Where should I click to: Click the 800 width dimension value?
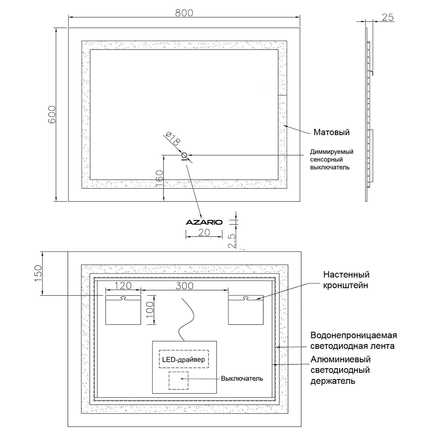pyautogui.click(x=184, y=13)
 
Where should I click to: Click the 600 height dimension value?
pyautogui.click(x=52, y=114)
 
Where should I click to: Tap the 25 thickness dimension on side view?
pyautogui.click(x=387, y=18)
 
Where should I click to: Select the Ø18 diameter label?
pyautogui.click(x=172, y=138)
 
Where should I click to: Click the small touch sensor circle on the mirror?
pyautogui.click(x=184, y=155)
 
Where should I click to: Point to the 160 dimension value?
pyautogui.click(x=159, y=179)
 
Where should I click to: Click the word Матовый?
pyautogui.click(x=331, y=132)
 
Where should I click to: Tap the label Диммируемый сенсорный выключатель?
pyautogui.click(x=331, y=160)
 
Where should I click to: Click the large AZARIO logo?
pyautogui.click(x=204, y=222)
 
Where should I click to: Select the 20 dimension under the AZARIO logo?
pyautogui.click(x=204, y=232)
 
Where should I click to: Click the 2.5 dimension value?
pyautogui.click(x=232, y=241)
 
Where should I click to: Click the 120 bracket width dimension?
pyautogui.click(x=123, y=285)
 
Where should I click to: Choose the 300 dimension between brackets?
pyautogui.click(x=184, y=286)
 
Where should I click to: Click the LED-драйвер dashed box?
pyautogui.click(x=184, y=359)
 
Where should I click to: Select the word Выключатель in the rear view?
pyautogui.click(x=242, y=379)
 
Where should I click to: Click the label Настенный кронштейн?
pyautogui.click(x=346, y=280)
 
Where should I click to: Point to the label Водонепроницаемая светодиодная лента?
pyautogui.click(x=353, y=341)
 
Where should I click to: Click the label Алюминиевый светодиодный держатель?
pyautogui.click(x=340, y=370)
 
